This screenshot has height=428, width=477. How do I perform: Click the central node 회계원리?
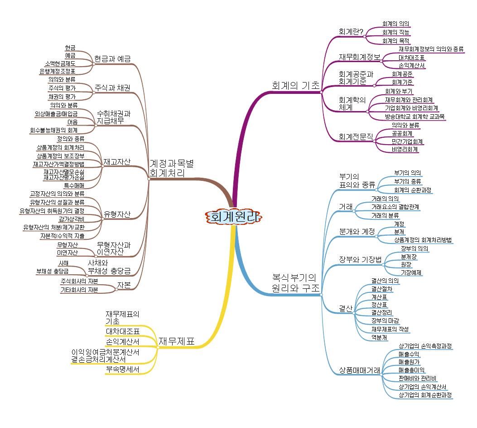click(x=234, y=217)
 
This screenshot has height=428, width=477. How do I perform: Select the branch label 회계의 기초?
click(x=295, y=85)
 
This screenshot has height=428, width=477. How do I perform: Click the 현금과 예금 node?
click(x=112, y=58)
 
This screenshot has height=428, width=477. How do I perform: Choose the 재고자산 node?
click(x=117, y=161)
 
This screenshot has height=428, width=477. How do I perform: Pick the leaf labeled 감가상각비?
click(x=71, y=219)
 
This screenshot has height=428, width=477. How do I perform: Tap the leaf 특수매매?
click(x=73, y=185)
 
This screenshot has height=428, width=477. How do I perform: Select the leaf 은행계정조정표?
click(x=57, y=71)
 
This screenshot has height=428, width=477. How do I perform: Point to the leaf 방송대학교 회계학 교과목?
click(x=415, y=117)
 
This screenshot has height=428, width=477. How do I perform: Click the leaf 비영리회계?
click(x=405, y=149)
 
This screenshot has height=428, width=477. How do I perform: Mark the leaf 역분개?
click(x=379, y=337)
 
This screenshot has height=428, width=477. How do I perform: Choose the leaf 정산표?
click(x=378, y=304)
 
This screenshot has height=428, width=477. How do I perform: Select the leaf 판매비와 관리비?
click(x=417, y=378)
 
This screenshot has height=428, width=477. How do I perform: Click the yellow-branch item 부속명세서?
click(x=122, y=370)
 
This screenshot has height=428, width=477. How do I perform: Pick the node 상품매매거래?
click(x=360, y=370)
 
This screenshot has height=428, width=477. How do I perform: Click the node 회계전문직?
click(x=355, y=136)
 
